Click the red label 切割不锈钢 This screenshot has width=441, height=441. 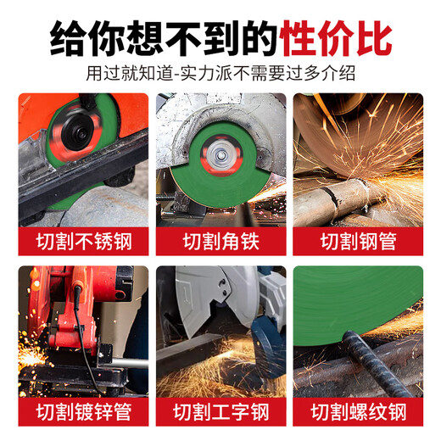pos(83,240)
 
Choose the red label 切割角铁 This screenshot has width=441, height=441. pos(220,240)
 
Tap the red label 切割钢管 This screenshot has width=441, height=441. pos(358,240)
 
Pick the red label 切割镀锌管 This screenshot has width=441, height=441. pos(83,413)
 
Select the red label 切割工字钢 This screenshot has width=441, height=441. pos(220,413)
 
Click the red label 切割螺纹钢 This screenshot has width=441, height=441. pos(358,413)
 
